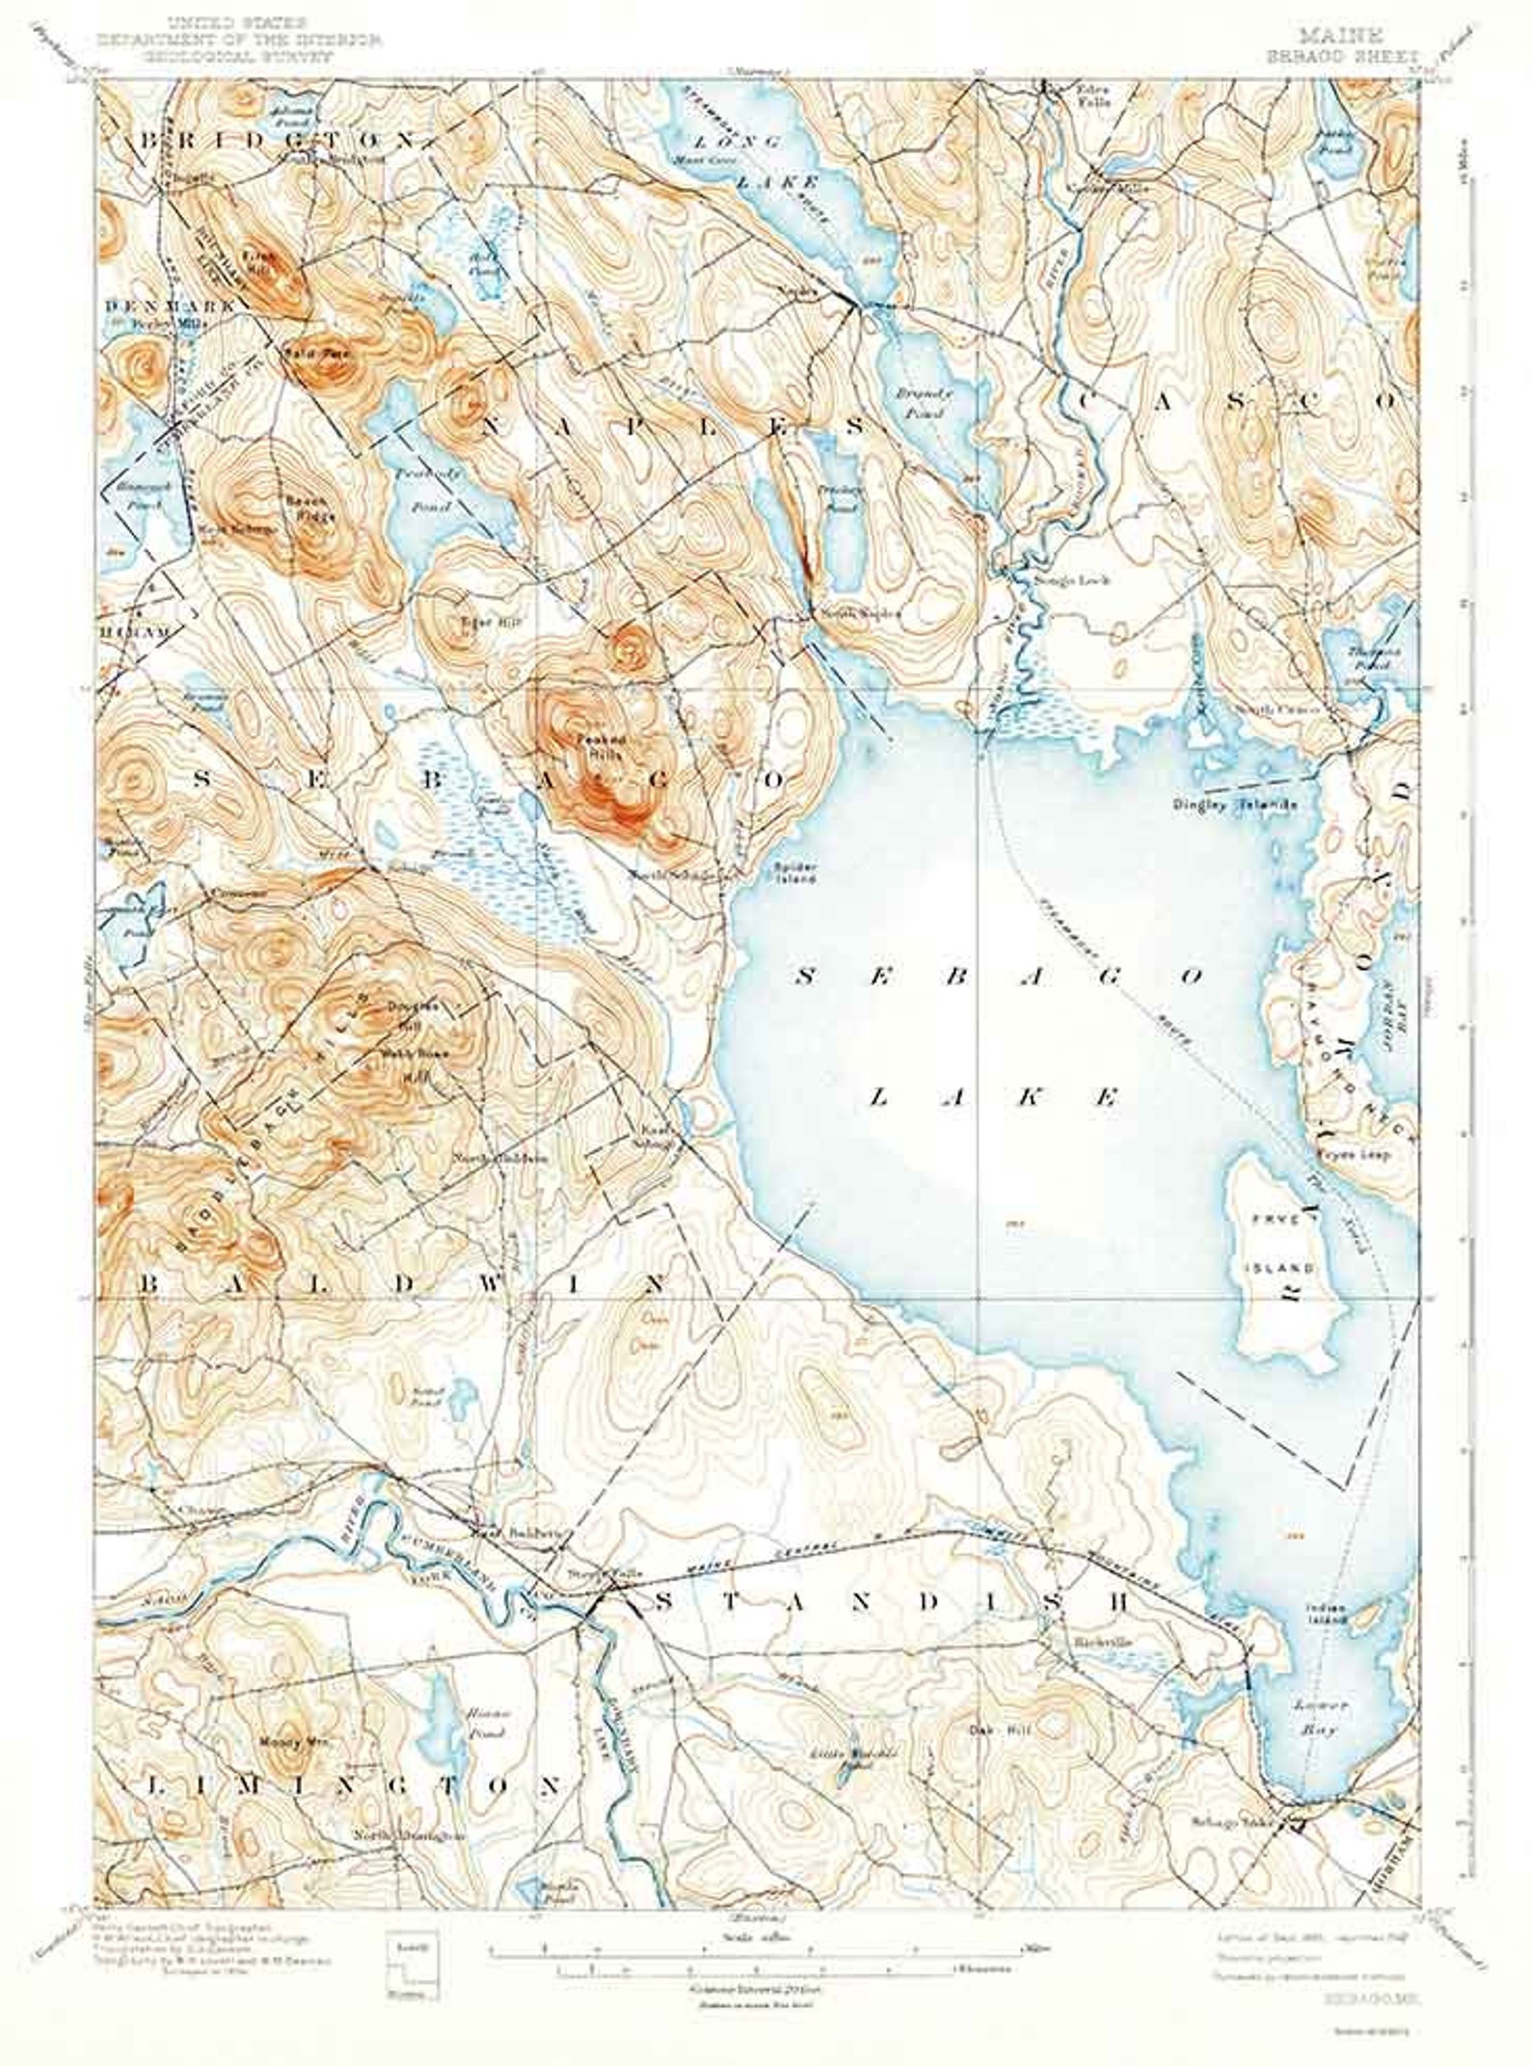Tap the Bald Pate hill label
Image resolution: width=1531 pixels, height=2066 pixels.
coord(307,354)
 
